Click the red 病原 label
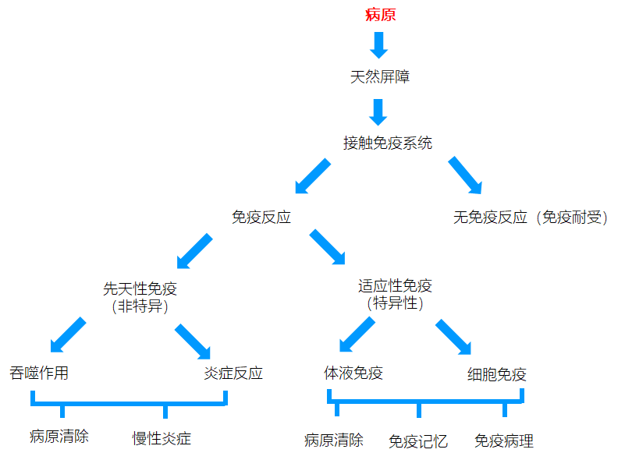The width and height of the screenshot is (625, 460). (380, 15)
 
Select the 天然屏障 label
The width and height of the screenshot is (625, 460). (380, 76)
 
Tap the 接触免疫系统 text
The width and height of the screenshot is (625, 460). (388, 143)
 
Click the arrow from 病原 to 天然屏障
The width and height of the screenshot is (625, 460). (378, 45)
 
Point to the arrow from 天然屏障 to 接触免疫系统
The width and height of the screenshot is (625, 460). (378, 112)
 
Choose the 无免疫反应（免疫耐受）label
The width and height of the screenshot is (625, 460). (530, 218)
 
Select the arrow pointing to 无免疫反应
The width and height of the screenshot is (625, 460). (466, 175)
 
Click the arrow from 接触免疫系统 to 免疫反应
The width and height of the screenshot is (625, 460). (312, 176)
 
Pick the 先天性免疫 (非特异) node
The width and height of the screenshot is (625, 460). (140, 298)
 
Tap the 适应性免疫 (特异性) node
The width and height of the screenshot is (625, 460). (395, 294)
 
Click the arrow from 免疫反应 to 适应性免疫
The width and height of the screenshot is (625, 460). (327, 247)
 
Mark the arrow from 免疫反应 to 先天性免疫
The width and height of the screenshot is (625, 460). (194, 251)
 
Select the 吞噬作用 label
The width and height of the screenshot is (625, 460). (39, 373)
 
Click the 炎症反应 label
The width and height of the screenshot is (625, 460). (233, 373)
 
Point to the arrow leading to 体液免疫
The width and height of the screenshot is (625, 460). (357, 334)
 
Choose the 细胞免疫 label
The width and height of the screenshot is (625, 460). (497, 374)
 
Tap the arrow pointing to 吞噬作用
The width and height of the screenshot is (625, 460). (68, 335)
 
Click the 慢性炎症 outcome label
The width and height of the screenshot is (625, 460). (162, 438)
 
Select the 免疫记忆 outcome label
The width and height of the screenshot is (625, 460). (417, 441)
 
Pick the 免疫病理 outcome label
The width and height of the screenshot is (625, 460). (504, 441)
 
